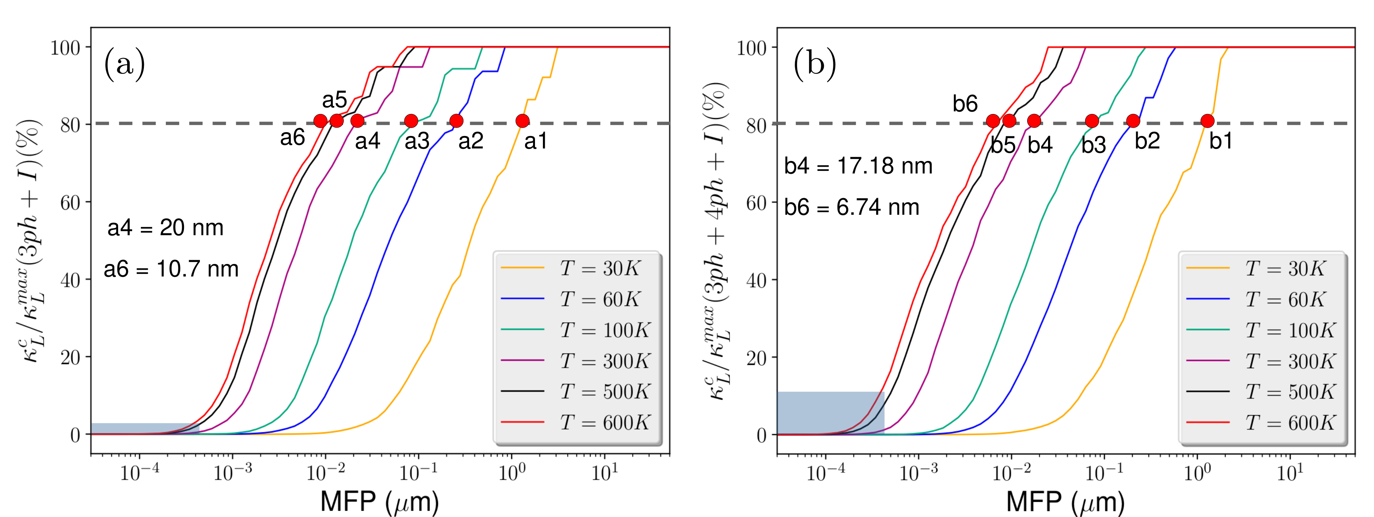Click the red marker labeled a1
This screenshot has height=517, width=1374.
pos(522,121)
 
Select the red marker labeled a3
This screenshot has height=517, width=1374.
pos(411,121)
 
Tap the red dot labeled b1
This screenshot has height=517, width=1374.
pos(1207,121)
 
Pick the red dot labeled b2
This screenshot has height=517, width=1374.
pos(1133,121)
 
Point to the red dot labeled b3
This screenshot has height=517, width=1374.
pos(1092,121)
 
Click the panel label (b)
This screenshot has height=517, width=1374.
pos(814,64)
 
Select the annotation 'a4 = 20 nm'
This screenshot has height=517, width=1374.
pos(165,228)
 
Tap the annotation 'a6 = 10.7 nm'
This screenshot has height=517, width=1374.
pos(171,269)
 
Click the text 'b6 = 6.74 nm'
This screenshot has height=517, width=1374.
pos(851,207)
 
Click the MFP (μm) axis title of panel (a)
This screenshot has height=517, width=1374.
pos(380,501)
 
